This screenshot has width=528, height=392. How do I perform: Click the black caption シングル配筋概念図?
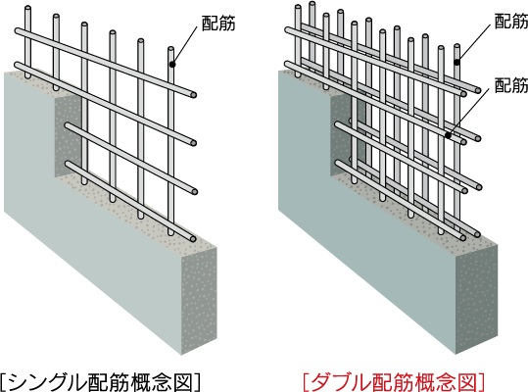click(x=105, y=379)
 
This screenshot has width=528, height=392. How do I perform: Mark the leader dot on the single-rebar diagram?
click(x=172, y=65)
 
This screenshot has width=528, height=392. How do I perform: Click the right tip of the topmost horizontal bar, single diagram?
click(x=197, y=94)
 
